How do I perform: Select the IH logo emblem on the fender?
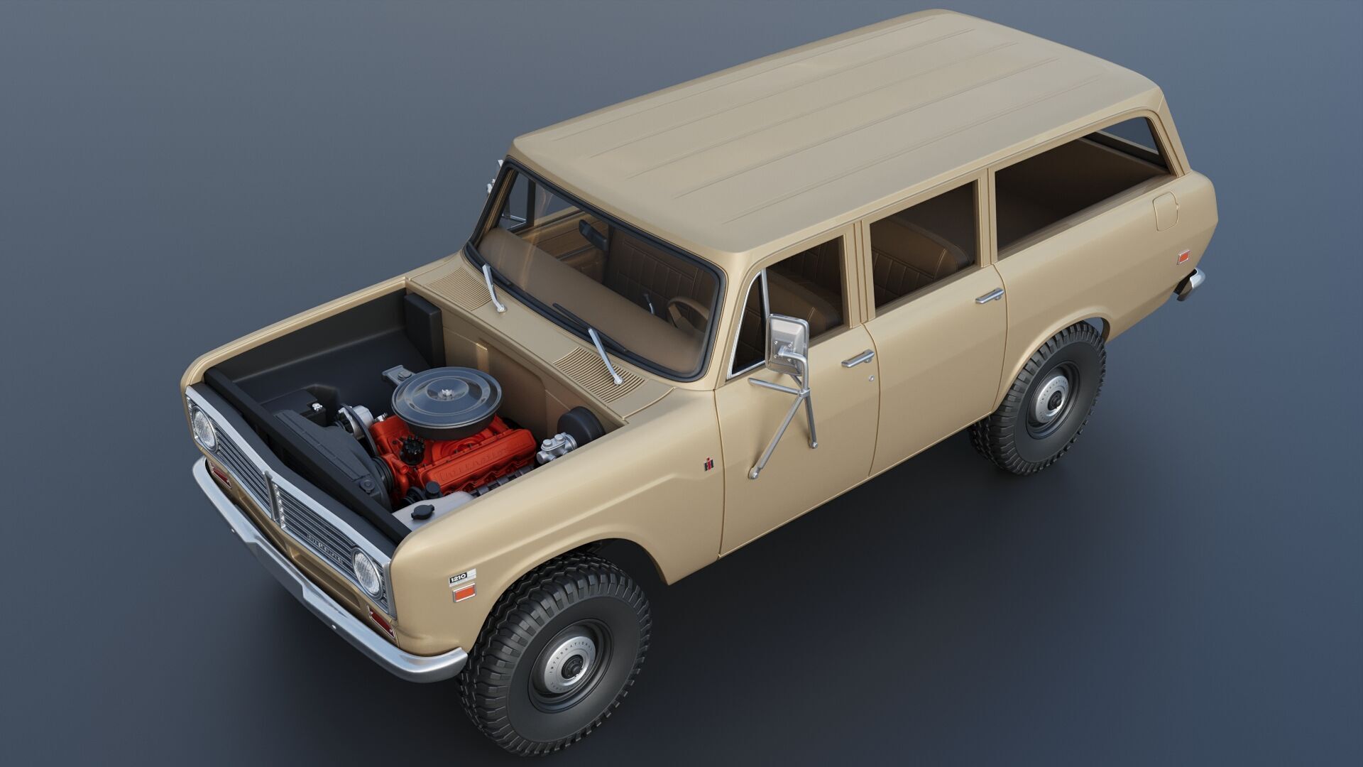click(x=708, y=464)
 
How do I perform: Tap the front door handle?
click(x=858, y=359)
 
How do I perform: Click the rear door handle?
click(x=990, y=296)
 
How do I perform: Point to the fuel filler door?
click(x=1166, y=211)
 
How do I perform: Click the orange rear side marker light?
click(x=1183, y=256)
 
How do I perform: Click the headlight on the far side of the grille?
click(x=204, y=430)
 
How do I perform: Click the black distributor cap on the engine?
click(x=411, y=447)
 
